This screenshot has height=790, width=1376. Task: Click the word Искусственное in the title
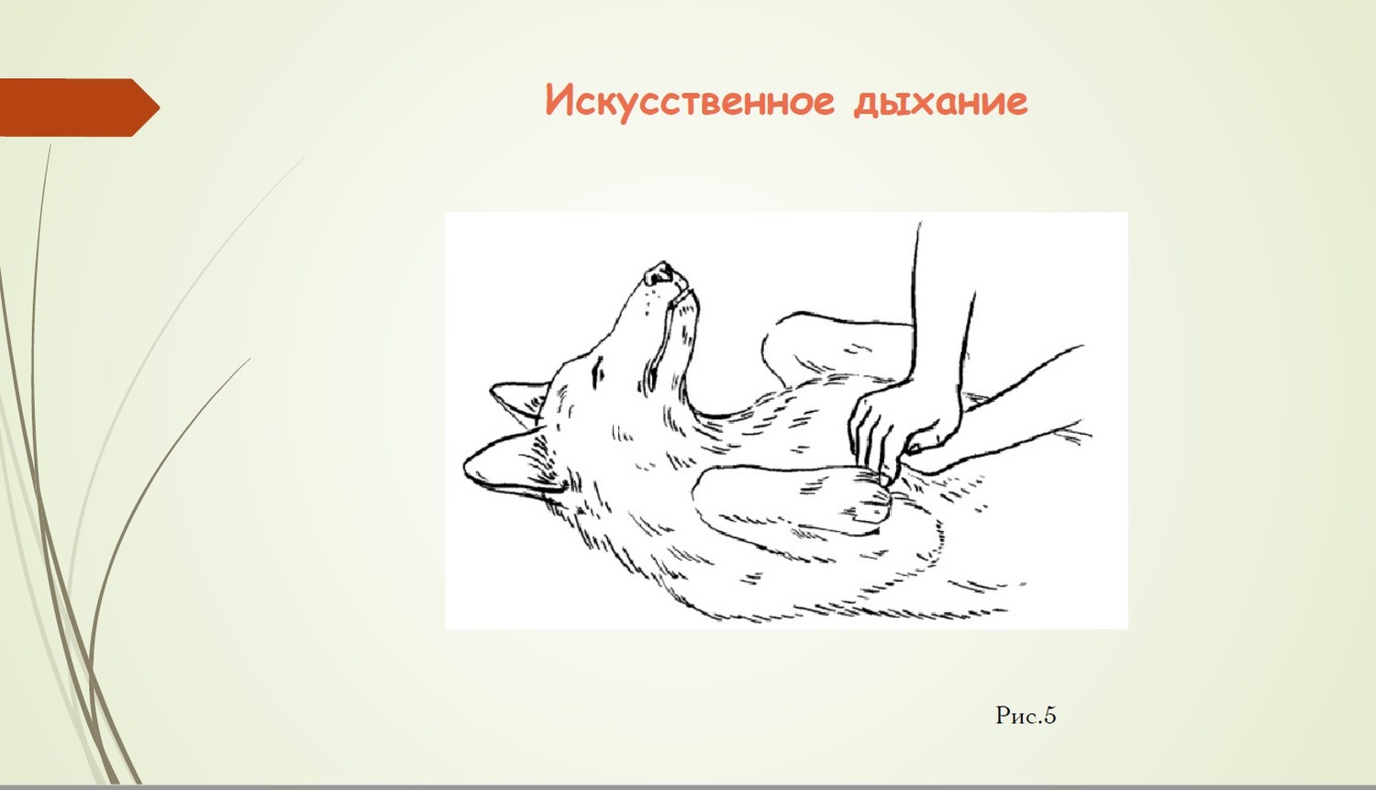point(690,101)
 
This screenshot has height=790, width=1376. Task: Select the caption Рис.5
point(1026,716)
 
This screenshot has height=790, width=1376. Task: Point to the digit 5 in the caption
point(1049,716)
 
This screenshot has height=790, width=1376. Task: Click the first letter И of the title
point(560,100)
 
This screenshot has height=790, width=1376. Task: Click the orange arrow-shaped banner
point(79,107)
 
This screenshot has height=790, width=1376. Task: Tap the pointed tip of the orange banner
point(160,108)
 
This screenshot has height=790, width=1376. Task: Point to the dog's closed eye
point(599,372)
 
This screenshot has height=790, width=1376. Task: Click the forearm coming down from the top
point(943,307)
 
